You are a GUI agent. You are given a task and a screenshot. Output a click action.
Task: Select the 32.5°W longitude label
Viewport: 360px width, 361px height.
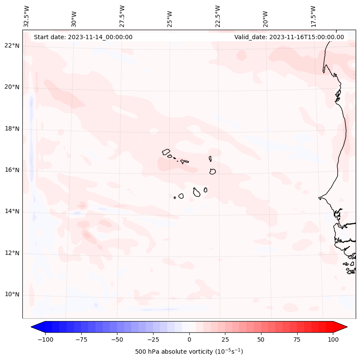click(27, 16)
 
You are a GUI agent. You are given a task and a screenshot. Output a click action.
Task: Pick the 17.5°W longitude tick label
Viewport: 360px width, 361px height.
click(313, 16)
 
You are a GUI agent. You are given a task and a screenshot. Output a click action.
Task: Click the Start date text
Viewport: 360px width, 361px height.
click(83, 37)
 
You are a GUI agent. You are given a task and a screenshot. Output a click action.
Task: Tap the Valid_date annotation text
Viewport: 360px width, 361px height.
click(289, 37)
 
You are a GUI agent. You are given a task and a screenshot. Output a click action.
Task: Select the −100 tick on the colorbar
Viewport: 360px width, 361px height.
click(45, 339)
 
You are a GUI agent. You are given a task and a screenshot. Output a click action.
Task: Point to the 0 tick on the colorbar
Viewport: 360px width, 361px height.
click(189, 339)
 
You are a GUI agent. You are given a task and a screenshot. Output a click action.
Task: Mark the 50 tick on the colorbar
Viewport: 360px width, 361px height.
click(261, 339)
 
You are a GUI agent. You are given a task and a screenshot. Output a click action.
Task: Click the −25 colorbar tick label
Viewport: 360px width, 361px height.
click(153, 339)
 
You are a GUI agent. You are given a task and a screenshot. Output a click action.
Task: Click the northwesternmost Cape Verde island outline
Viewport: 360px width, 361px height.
click(166, 152)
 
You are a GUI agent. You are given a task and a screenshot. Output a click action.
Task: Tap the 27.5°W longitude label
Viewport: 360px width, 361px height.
click(122, 16)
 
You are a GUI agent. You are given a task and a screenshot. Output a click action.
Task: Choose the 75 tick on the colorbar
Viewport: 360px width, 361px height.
click(297, 339)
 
